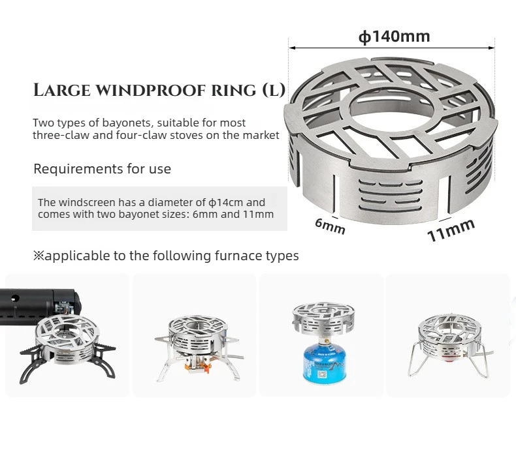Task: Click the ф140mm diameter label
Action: pos(394,37)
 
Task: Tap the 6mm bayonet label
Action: pos(330,226)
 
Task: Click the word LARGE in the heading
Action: pos(62,90)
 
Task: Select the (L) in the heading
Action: pos(274,91)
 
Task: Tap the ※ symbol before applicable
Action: pos(39,255)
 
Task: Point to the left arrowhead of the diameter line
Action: pos(291,48)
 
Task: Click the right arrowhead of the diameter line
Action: pos(492,48)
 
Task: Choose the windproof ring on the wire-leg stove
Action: pos(451,335)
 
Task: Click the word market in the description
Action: pos(261,136)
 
